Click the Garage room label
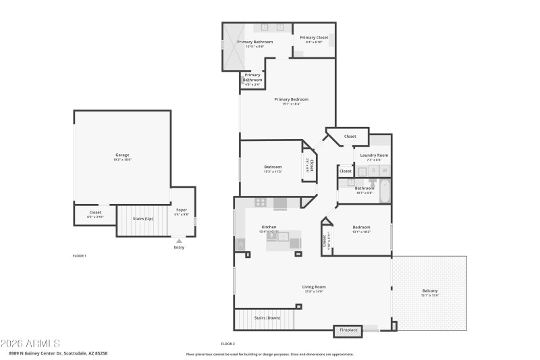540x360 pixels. click(x=122, y=155)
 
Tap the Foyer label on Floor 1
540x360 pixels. click(x=182, y=210)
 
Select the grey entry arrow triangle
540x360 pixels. click(x=179, y=240)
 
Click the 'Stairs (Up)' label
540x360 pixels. click(x=142, y=219)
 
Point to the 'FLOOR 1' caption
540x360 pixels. click(x=80, y=256)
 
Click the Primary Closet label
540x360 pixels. click(x=314, y=38)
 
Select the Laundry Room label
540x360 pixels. click(x=374, y=155)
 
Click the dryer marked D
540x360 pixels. click(x=373, y=171)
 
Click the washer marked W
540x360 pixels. click(x=385, y=171)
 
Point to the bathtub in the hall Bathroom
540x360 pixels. click(x=384, y=192)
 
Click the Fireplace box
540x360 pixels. click(x=348, y=330)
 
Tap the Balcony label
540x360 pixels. click(x=430, y=290)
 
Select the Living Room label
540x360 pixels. click(x=314, y=287)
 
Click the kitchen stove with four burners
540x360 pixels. click(x=261, y=203)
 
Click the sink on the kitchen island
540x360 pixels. click(x=285, y=236)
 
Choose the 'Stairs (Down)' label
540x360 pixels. click(x=267, y=317)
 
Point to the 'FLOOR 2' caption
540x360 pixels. click(x=227, y=344)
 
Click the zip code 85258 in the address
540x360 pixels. click(x=101, y=353)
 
